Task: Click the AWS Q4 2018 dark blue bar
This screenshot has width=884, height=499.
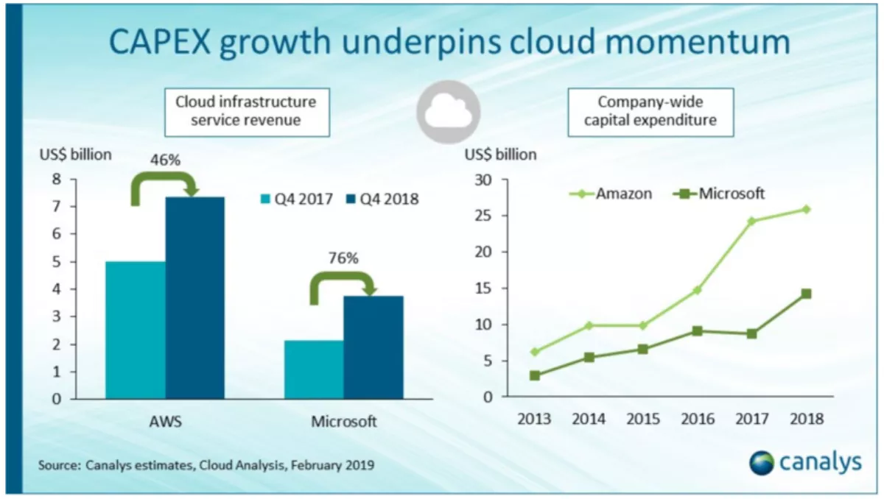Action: (x=194, y=298)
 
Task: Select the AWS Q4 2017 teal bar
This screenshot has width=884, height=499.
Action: (x=135, y=330)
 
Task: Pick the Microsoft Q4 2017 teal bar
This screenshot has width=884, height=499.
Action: (x=314, y=369)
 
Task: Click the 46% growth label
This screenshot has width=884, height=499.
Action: (x=165, y=159)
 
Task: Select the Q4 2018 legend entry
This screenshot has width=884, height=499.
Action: (x=382, y=199)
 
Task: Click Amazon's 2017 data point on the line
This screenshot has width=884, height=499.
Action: (x=751, y=221)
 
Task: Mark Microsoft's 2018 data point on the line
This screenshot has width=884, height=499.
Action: (x=806, y=294)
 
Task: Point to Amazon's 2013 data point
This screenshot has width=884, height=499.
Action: (x=534, y=352)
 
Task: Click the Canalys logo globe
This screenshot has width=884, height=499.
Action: (x=762, y=462)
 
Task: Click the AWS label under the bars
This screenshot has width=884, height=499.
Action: (x=165, y=422)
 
